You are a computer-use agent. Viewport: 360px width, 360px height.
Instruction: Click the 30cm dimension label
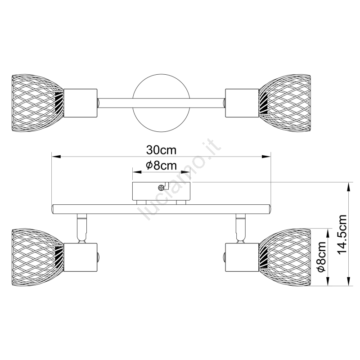(162, 150)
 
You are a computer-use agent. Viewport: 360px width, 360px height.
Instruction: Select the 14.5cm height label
(342, 238)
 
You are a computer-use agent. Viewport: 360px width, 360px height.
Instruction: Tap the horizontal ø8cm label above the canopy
(162, 165)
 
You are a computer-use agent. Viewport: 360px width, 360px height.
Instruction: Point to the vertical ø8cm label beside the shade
(321, 256)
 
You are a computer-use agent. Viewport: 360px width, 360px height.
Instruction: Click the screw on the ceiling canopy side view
(162, 188)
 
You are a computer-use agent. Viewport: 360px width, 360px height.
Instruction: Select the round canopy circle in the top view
(162, 103)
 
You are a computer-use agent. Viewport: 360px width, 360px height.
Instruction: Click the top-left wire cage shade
(37, 103)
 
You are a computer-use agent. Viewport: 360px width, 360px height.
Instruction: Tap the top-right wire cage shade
(285, 103)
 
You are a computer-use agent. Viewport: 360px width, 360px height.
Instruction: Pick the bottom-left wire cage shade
(37, 257)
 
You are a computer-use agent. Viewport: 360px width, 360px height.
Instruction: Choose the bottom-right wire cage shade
(285, 257)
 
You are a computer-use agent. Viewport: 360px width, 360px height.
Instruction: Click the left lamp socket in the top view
(81, 103)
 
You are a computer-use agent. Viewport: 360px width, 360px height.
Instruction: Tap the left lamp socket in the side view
(81, 257)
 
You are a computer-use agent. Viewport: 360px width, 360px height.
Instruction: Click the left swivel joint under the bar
(82, 229)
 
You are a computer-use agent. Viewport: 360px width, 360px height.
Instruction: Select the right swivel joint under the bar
(241, 229)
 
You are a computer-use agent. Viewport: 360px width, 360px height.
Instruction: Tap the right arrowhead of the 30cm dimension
(266, 157)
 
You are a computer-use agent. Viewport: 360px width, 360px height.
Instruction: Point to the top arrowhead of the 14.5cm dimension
(349, 187)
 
